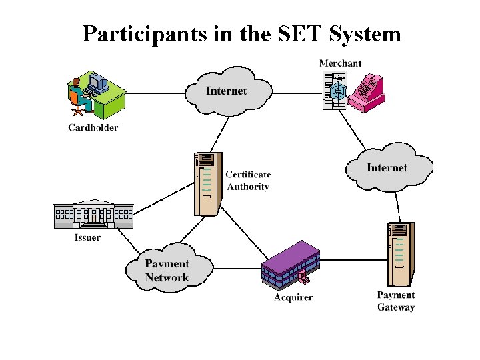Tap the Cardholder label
click(x=93, y=127)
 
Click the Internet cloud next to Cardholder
click(x=227, y=91)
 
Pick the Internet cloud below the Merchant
click(x=387, y=167)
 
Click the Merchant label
click(x=340, y=63)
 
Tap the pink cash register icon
click(x=369, y=93)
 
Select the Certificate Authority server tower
click(x=207, y=183)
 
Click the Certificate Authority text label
click(x=248, y=181)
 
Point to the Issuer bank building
click(x=93, y=214)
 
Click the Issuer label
click(x=87, y=237)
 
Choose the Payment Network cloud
click(x=167, y=270)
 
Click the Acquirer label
click(x=293, y=297)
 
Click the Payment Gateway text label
click(x=396, y=301)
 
